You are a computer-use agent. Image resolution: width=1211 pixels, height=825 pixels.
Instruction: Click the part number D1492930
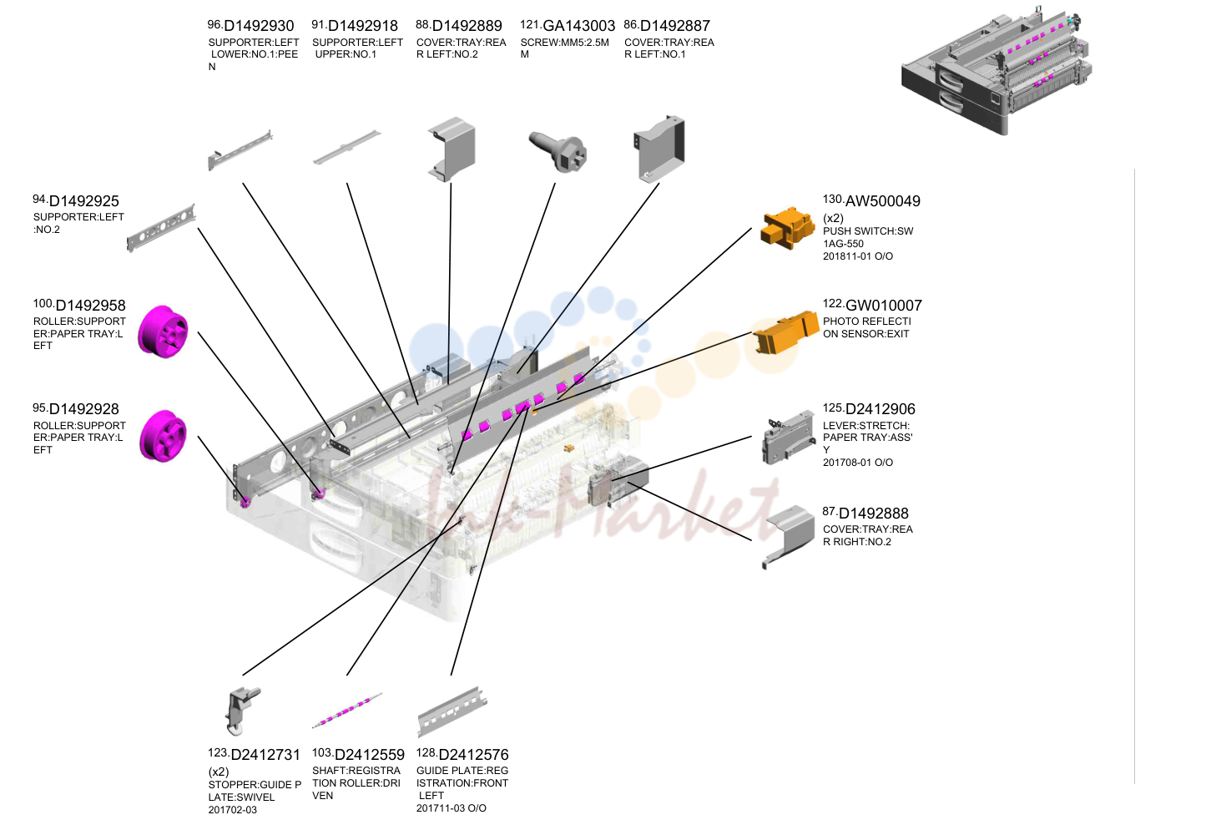point(259,25)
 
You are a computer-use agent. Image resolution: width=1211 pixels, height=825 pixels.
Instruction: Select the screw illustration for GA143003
point(558,152)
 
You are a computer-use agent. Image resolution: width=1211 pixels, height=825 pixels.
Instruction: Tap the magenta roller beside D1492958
point(163,332)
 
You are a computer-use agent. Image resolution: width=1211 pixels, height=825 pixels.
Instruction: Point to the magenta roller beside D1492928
point(163,436)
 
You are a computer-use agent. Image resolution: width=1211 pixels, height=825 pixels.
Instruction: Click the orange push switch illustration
point(787,228)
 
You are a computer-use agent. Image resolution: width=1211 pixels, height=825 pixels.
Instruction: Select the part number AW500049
point(882,201)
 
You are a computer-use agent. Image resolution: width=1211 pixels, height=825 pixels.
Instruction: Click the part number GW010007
point(883,306)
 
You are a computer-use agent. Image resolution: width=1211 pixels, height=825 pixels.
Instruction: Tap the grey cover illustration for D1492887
point(659,149)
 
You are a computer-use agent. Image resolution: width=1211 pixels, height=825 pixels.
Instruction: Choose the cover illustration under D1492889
point(452,149)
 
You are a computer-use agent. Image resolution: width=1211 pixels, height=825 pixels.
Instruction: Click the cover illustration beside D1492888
point(790,535)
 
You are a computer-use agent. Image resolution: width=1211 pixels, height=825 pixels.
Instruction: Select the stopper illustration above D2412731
point(242,711)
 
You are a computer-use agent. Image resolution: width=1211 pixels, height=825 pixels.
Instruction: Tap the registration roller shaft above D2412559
point(347,710)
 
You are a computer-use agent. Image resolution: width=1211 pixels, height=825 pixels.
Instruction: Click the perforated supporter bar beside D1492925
point(160,228)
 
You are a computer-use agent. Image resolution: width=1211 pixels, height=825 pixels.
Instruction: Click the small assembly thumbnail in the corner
point(996,70)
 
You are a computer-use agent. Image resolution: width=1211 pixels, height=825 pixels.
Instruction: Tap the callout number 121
point(530,24)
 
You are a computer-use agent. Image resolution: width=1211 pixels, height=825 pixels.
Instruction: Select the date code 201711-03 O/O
point(452,808)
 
